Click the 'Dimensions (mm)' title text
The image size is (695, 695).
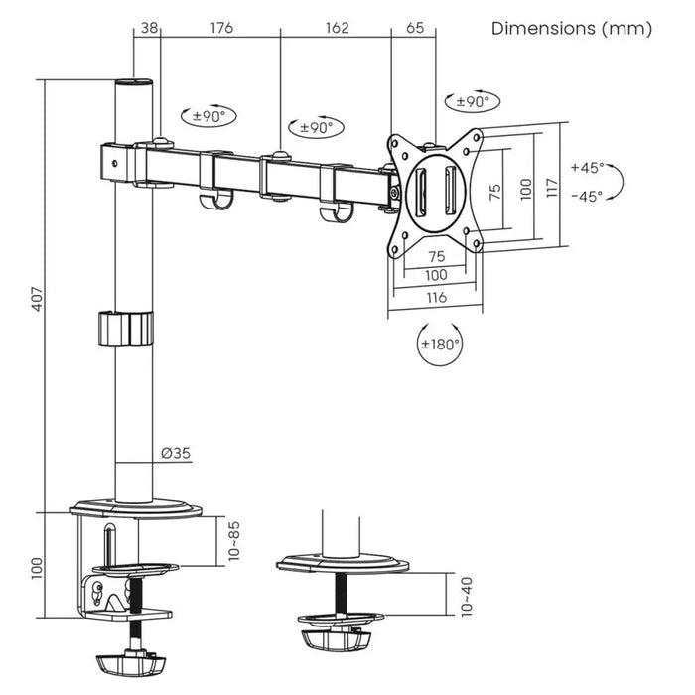[x=572, y=29]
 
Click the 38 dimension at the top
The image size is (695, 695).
[x=149, y=28]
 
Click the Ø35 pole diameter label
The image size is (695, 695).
[x=176, y=453]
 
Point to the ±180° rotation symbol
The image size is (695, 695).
[x=440, y=345]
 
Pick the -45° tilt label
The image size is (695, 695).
[x=587, y=196]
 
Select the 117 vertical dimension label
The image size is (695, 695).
[x=552, y=186]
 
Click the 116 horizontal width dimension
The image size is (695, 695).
[x=436, y=296]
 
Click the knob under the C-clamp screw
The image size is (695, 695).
[x=128, y=660]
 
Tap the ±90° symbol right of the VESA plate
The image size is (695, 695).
[x=474, y=101]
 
